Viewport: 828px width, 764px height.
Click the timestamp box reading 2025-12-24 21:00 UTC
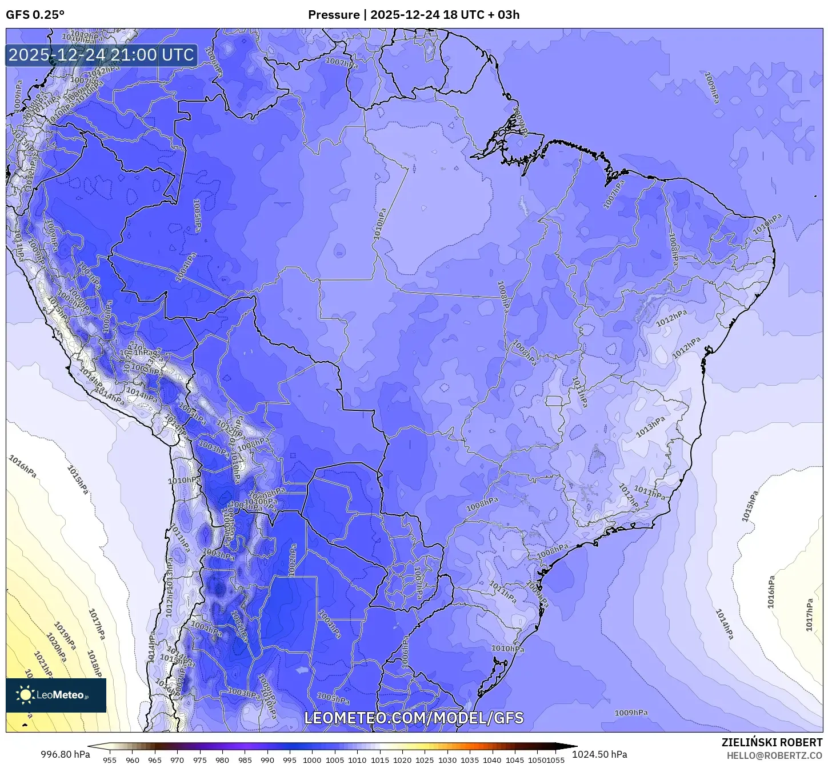click(x=102, y=55)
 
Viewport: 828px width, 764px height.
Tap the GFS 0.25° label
click(x=35, y=15)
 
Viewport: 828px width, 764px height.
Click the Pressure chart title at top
click(x=414, y=15)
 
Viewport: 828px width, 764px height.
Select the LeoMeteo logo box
click(x=56, y=695)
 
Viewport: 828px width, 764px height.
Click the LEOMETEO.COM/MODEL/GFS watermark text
click(x=414, y=718)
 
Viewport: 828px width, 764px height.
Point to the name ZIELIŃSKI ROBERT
click(x=771, y=742)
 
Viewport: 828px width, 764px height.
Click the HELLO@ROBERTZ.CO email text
click(x=774, y=755)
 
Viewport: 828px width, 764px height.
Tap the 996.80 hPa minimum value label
click(x=65, y=754)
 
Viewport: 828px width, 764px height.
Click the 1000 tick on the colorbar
click(x=312, y=760)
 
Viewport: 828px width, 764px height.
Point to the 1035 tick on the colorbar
click(x=470, y=760)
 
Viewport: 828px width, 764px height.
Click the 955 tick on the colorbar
click(x=110, y=760)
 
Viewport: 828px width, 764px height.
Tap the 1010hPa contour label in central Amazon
click(x=380, y=224)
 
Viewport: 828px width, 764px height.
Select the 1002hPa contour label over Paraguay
click(x=293, y=559)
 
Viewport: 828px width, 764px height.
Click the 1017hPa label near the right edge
click(x=809, y=615)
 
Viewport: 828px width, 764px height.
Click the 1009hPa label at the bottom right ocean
click(x=631, y=713)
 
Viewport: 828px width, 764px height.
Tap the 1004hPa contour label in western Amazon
click(x=186, y=267)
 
